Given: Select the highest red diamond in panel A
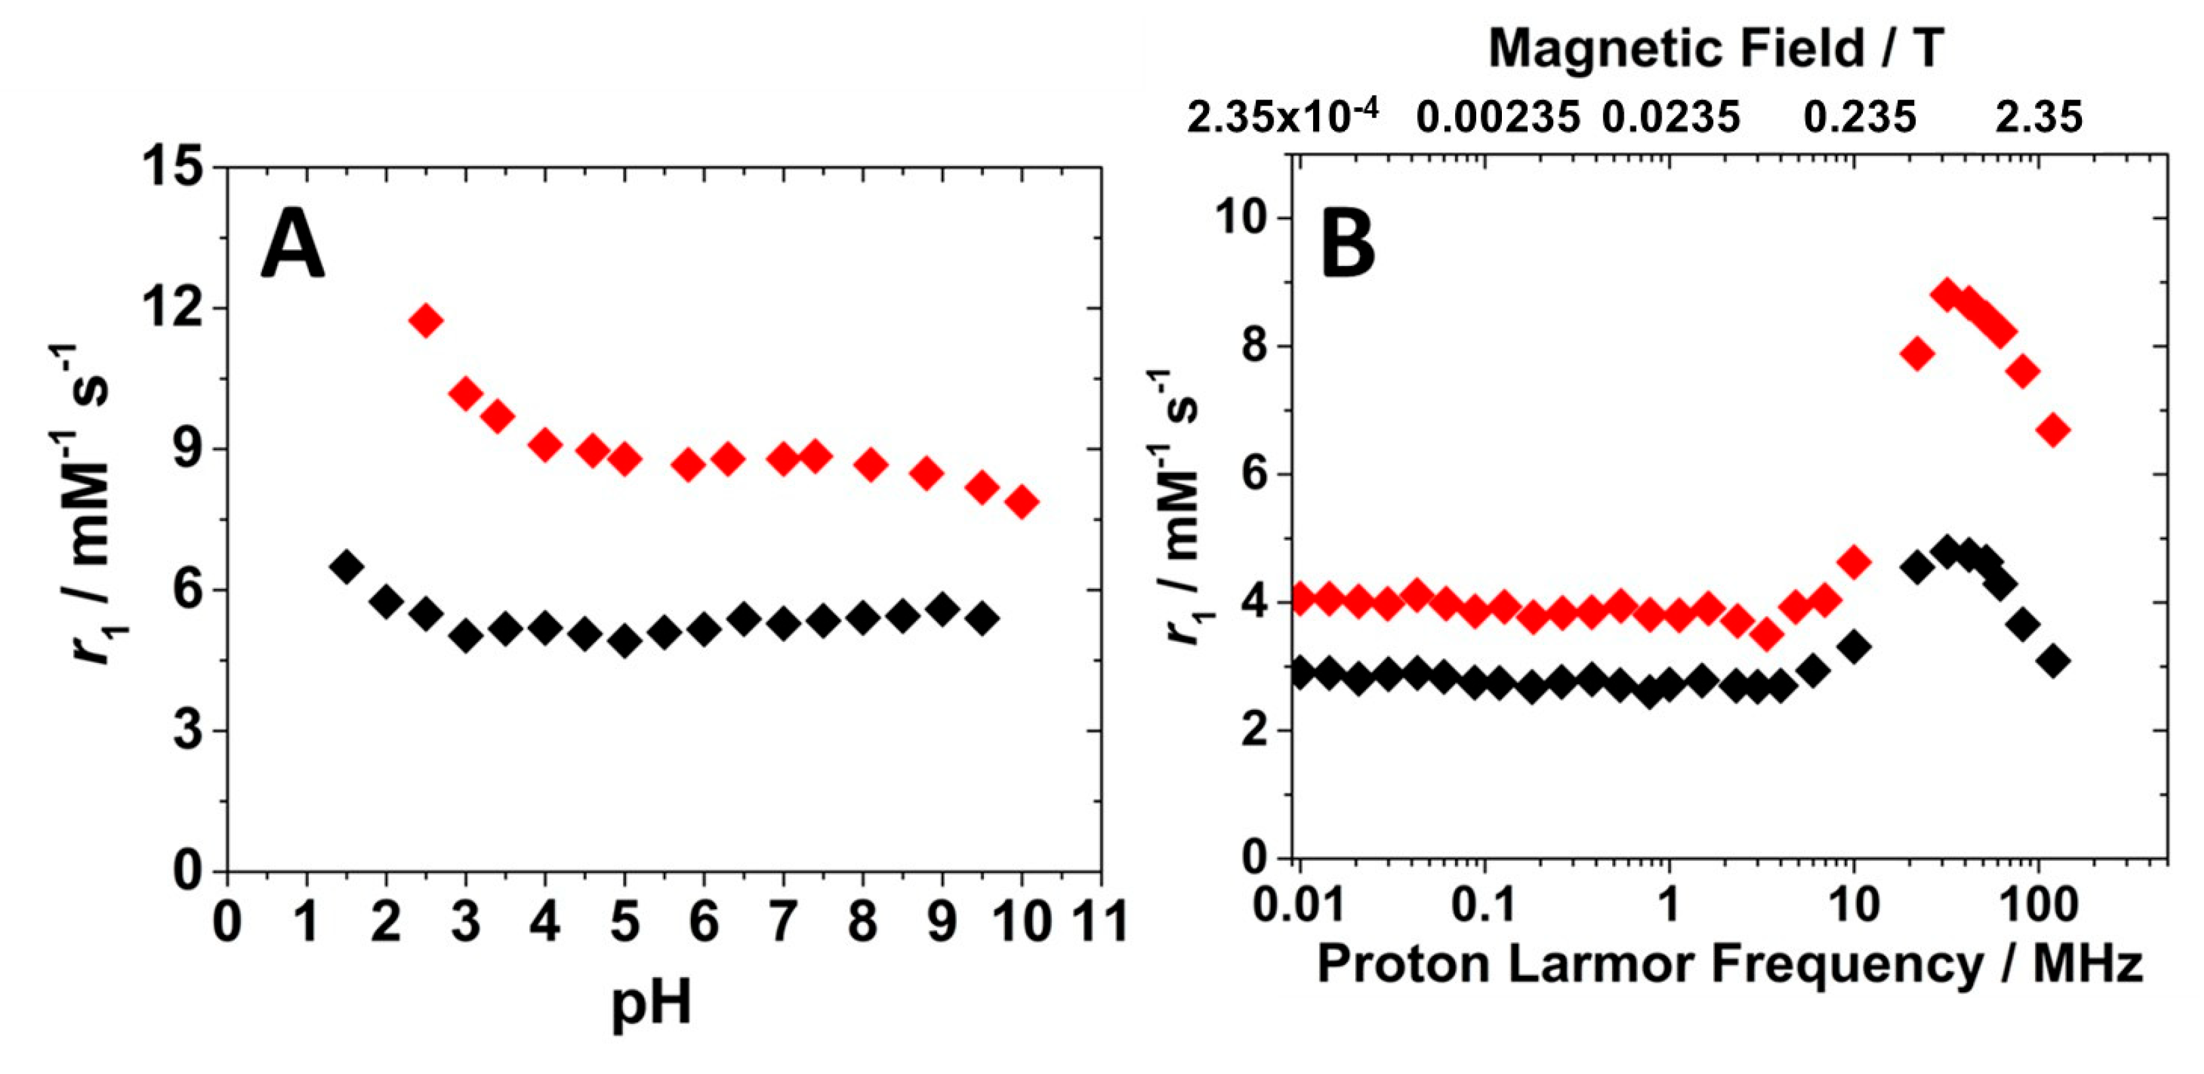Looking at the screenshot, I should (425, 321).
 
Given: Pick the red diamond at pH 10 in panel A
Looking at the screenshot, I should (1021, 502).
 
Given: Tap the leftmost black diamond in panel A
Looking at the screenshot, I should (346, 566).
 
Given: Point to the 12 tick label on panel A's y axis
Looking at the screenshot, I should (174, 309).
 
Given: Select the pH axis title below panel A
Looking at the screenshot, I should (651, 1003).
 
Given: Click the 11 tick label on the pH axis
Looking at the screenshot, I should (1099, 923).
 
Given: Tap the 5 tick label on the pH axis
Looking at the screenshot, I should (625, 923).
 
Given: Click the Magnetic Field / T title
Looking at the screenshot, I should (1716, 49).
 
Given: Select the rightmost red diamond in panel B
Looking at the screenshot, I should (2054, 430).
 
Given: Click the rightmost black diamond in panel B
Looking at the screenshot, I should (2054, 661).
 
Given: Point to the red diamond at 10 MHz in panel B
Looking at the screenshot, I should (1854, 563).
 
